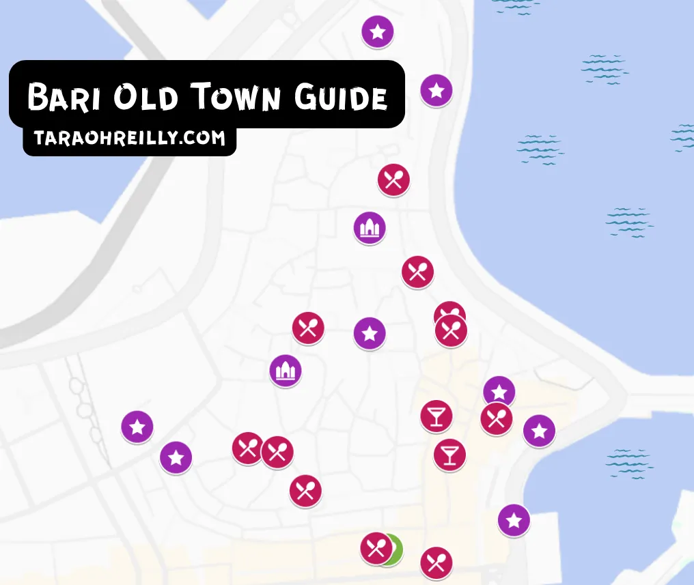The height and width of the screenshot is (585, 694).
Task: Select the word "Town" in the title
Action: pos(234,98)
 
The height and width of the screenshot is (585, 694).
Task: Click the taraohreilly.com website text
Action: pos(129,139)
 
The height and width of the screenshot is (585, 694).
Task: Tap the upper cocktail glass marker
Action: pos(436,416)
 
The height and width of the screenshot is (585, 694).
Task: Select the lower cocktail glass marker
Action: pos(449,455)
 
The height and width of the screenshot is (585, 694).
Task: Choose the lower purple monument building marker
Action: pos(286,371)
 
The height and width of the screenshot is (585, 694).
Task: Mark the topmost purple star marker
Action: pos(378,31)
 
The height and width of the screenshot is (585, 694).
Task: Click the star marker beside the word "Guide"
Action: pos(436,90)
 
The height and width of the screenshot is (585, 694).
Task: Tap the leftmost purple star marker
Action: pos(137,427)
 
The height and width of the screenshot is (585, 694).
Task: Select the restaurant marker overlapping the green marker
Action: pos(376,548)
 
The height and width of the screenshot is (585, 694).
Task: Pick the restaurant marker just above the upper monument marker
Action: pos(393,180)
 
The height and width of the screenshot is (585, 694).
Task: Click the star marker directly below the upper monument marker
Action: pos(370,334)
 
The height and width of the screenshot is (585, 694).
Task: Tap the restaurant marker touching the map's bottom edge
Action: pos(436,564)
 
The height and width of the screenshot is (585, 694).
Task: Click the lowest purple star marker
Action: pos(514,521)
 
